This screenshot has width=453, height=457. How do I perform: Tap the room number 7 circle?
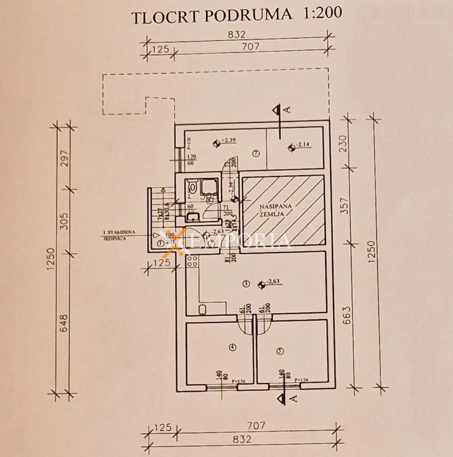coord(256,153)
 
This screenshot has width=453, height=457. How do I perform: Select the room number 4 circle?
coord(232,348)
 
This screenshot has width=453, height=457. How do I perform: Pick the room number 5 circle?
coord(280,351)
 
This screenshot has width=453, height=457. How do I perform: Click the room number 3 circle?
coord(245,283)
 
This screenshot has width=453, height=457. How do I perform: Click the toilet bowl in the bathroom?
coord(191,185)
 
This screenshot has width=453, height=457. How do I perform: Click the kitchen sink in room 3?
coord(202,309)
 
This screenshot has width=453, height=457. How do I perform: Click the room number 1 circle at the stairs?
coord(161,243)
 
